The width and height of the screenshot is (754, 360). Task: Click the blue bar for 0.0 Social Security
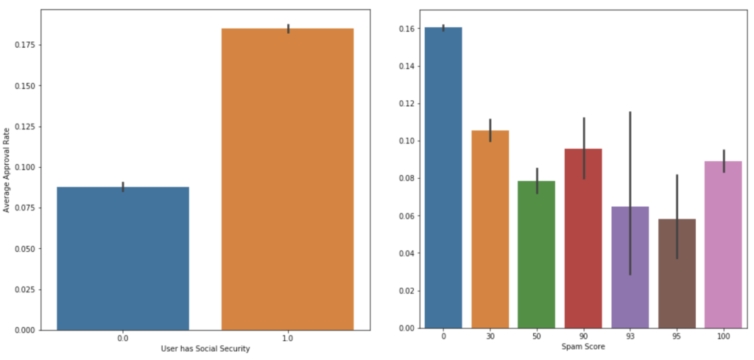click(x=122, y=258)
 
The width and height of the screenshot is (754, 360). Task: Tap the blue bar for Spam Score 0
click(x=443, y=177)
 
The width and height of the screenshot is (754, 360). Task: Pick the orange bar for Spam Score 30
click(x=490, y=229)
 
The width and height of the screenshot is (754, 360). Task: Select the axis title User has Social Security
click(x=205, y=349)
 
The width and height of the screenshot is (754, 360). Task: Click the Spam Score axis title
click(x=583, y=346)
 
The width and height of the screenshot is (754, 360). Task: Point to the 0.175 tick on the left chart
click(x=32, y=45)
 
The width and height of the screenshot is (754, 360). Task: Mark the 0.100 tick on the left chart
click(x=32, y=167)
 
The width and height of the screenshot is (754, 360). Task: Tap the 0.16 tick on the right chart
click(x=407, y=29)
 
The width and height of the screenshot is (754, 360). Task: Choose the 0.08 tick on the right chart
click(x=407, y=178)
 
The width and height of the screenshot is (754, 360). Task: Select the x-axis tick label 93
click(x=630, y=336)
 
